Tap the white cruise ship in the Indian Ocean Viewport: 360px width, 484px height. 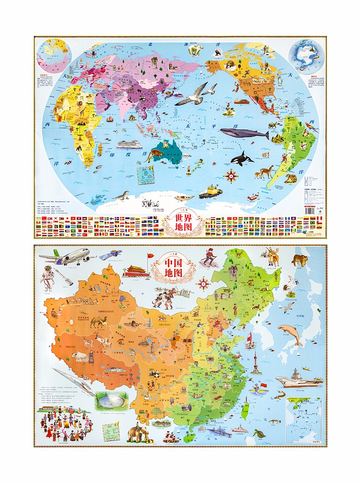(127, 145)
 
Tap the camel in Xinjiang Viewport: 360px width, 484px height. (98, 322)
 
